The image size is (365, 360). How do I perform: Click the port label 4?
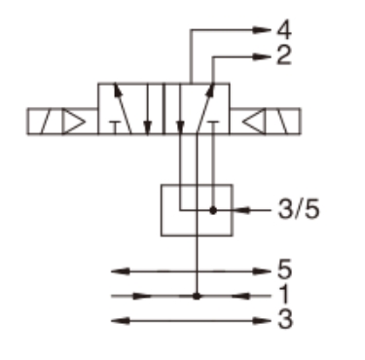284,30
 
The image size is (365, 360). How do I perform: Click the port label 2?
284,55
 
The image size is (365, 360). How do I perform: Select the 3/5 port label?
299,209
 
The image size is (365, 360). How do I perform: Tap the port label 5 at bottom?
285,270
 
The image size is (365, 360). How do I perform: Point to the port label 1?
284,294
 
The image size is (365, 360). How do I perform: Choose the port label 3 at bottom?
285,319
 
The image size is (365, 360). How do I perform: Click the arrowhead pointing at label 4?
261,30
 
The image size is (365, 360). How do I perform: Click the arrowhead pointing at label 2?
261,56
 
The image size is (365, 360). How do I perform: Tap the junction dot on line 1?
197,296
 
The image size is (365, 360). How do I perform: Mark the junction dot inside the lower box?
213,210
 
